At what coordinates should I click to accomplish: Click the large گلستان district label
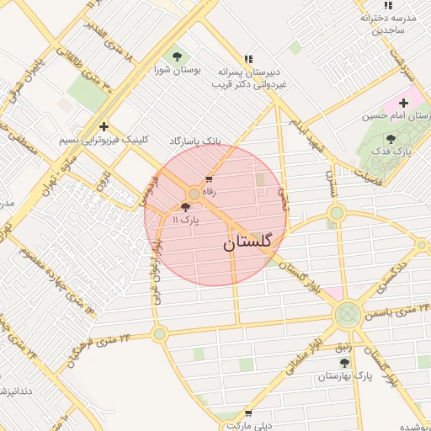click(x=248, y=243)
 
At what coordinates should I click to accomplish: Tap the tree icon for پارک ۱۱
click(x=186, y=207)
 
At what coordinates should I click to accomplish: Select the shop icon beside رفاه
click(x=209, y=180)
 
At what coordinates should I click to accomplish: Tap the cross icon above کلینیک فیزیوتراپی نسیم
click(x=103, y=125)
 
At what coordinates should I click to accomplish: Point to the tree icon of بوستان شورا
click(x=177, y=56)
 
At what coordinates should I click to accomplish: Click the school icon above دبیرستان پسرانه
click(x=247, y=59)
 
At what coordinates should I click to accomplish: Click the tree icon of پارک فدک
click(x=389, y=139)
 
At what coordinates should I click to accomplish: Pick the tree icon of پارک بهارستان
click(x=343, y=363)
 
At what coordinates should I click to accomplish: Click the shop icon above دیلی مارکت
click(x=247, y=413)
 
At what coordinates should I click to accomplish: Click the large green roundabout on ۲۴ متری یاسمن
click(x=347, y=317)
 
